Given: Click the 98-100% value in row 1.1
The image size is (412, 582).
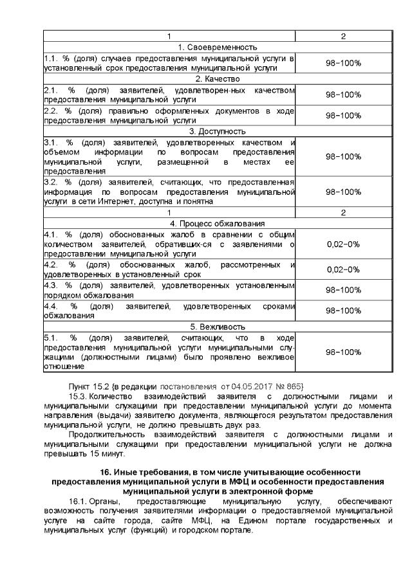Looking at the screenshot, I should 343,62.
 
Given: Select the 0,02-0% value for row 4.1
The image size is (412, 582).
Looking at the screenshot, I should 343,244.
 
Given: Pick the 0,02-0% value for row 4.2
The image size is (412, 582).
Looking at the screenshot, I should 343,269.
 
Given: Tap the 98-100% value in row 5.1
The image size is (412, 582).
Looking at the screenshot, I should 343,352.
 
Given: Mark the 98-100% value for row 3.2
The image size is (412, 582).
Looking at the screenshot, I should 343,192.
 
